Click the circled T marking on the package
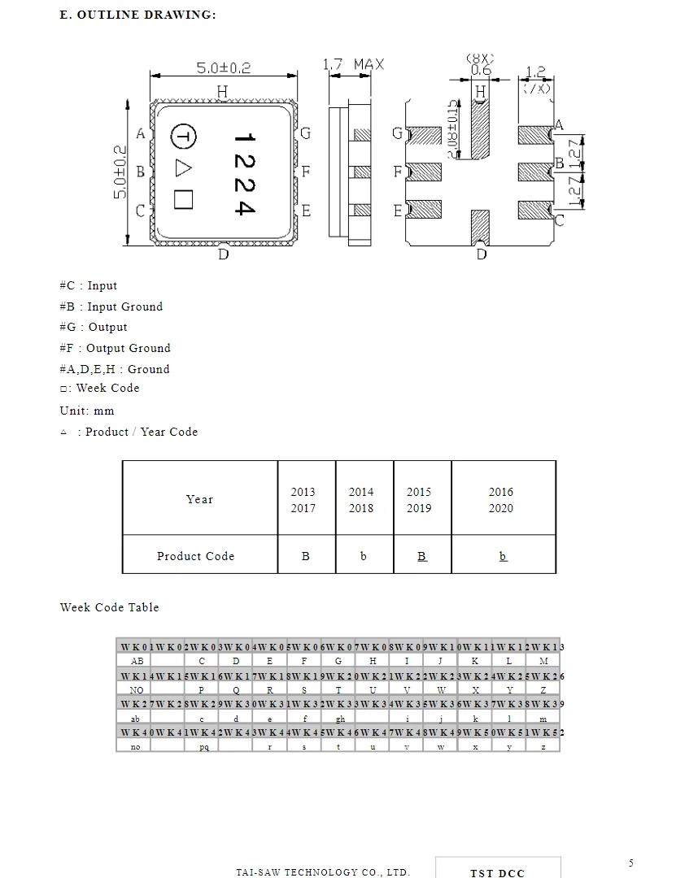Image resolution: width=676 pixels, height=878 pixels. point(183,137)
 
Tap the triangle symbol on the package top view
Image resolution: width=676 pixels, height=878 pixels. point(183,168)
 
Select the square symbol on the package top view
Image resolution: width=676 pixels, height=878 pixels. point(183,199)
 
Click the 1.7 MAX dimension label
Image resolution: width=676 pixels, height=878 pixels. point(353,64)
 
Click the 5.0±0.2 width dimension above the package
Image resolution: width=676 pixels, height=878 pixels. point(223,68)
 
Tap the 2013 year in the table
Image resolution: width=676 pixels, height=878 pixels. point(303,492)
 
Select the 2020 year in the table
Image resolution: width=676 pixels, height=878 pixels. point(501,508)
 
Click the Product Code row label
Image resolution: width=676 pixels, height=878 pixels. point(195,556)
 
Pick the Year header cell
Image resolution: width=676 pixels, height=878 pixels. point(199,499)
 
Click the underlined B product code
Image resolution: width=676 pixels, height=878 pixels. point(421,556)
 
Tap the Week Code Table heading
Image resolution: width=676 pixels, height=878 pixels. point(110,607)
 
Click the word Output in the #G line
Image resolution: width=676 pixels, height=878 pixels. point(108,327)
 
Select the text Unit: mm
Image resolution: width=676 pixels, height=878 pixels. point(87,411)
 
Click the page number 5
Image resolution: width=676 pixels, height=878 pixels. point(631,863)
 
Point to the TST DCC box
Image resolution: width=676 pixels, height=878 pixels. point(498,870)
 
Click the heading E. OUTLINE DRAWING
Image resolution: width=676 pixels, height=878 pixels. point(138,15)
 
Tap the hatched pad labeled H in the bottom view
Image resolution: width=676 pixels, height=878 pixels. point(481,122)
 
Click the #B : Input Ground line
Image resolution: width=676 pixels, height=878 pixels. point(111,306)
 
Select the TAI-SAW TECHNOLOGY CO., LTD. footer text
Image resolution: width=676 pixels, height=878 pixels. point(323,872)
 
